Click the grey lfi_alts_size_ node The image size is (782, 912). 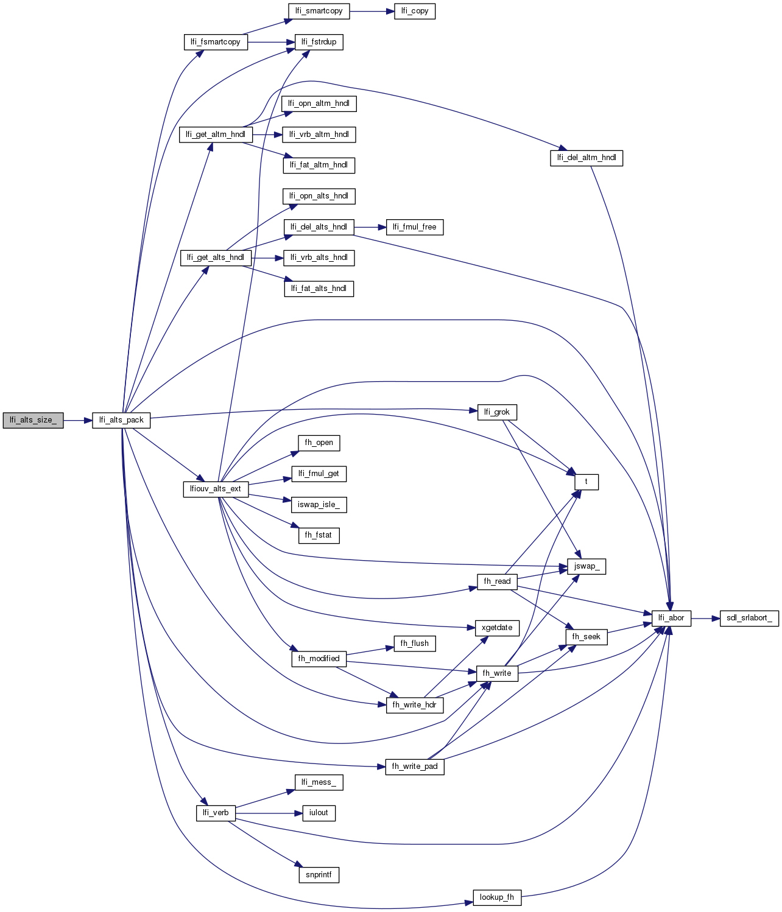tap(33, 420)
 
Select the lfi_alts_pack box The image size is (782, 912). tap(121, 420)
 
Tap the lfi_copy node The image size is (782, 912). tap(415, 11)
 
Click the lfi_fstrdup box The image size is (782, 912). tap(319, 42)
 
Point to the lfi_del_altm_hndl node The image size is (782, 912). tap(586, 158)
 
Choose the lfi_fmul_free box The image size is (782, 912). tap(414, 227)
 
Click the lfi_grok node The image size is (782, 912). tap(497, 412)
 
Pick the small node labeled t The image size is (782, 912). tap(586, 482)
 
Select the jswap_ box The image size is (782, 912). tap(586, 566)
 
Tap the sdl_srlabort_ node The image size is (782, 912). tap(749, 618)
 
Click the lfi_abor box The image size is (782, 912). tap(671, 618)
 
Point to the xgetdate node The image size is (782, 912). tap(497, 628)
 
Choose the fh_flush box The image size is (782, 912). tap(414, 644)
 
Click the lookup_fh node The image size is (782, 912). tap(497, 897)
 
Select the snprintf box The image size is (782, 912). tap(319, 875)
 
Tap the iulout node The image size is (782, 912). tap(319, 813)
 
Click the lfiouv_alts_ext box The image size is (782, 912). tap(216, 489)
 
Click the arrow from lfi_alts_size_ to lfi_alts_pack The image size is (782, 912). tap(78, 420)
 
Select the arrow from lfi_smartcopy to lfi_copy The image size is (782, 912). tap(372, 11)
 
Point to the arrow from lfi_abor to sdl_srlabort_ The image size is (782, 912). tap(705, 618)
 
